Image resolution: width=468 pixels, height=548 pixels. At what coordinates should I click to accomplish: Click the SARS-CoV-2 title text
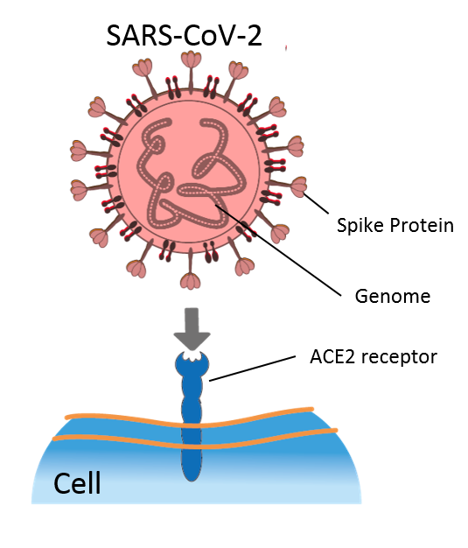point(184,36)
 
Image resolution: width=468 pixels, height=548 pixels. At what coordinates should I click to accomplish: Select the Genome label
point(393,297)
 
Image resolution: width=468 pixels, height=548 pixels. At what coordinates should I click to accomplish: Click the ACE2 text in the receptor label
point(332,357)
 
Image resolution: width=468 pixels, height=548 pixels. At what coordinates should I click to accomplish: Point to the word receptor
point(399,358)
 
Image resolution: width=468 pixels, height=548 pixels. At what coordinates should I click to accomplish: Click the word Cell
point(77,482)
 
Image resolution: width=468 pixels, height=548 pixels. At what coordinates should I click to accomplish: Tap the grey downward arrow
point(192,328)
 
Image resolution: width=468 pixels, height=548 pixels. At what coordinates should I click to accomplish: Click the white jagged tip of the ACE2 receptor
point(192,355)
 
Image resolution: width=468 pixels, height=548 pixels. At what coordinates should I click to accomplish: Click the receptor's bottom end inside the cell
point(192,480)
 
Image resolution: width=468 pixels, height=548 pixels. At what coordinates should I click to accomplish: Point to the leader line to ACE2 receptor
point(252,369)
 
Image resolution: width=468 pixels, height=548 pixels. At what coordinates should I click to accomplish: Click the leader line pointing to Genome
point(278,250)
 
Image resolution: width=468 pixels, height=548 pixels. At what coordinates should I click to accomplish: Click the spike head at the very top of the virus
point(191,60)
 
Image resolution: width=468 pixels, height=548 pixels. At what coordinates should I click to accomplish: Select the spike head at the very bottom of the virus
point(191,281)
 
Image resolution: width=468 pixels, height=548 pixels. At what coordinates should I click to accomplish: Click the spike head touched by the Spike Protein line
point(299,186)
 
